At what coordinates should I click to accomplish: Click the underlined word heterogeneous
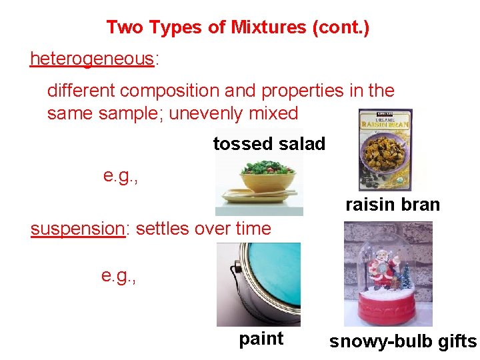click(x=91, y=59)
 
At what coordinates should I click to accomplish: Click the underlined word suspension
click(x=77, y=229)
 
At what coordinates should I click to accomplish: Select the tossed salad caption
click(x=269, y=143)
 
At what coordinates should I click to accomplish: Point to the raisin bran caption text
click(x=392, y=205)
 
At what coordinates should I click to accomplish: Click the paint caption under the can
click(x=261, y=339)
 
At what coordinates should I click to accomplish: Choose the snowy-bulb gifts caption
click(x=403, y=342)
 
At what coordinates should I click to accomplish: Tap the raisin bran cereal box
click(x=385, y=150)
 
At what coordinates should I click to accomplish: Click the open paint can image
click(x=259, y=284)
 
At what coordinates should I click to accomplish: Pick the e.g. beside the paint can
click(x=119, y=275)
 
